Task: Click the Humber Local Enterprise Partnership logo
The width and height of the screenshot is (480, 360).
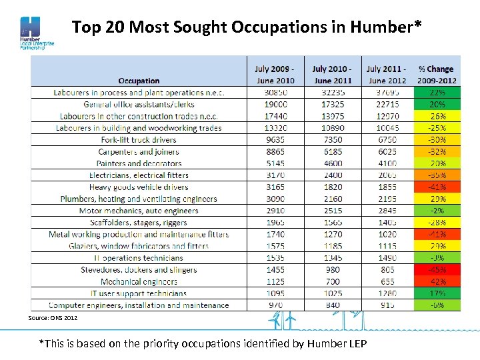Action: (x=33, y=33)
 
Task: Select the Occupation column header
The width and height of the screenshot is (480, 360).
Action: (x=139, y=81)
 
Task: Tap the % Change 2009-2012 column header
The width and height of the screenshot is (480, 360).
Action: (x=436, y=75)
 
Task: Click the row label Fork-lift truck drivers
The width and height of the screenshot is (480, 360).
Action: (x=139, y=140)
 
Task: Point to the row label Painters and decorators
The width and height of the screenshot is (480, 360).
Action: (x=139, y=163)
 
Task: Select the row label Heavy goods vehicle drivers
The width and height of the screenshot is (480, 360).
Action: (x=139, y=187)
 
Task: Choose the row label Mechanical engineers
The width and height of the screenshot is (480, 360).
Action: (x=139, y=282)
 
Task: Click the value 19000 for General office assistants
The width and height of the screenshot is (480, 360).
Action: (x=276, y=105)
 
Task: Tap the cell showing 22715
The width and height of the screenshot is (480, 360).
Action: (x=387, y=105)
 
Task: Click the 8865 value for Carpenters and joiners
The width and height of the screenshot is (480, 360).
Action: (x=276, y=152)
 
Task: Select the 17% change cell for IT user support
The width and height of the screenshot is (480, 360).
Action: (x=437, y=293)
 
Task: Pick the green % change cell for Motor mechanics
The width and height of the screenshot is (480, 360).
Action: (x=437, y=211)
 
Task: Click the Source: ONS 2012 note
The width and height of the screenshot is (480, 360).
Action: (x=53, y=318)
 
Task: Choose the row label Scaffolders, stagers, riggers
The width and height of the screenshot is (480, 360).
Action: (x=139, y=223)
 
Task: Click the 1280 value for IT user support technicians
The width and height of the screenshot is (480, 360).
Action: (x=387, y=293)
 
